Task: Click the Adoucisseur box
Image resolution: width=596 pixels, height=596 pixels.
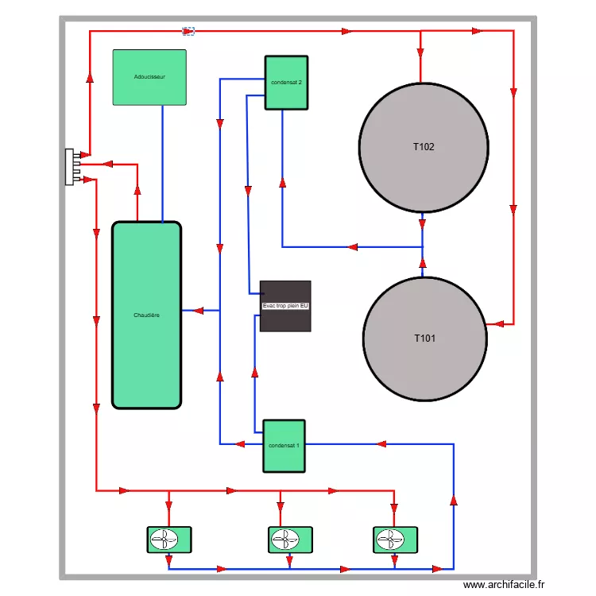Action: click(149, 78)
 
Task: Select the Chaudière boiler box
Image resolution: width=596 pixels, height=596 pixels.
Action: click(147, 315)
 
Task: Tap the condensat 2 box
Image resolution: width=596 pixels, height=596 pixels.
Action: click(286, 83)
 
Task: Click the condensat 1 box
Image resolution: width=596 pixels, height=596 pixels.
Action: click(284, 445)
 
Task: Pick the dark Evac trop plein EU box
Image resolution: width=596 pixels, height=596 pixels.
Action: click(285, 306)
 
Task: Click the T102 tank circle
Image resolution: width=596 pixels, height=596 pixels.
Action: click(424, 147)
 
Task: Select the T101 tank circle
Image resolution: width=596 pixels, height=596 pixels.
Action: click(425, 339)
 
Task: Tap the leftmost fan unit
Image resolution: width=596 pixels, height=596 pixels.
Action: click(168, 540)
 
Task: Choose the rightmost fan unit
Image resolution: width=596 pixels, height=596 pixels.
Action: click(395, 540)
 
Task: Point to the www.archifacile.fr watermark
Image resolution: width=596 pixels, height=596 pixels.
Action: click(505, 585)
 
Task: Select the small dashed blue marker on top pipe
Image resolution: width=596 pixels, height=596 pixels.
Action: click(188, 32)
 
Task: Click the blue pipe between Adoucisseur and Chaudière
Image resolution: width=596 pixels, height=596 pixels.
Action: click(163, 163)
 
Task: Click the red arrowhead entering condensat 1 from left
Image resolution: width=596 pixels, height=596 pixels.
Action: click(238, 443)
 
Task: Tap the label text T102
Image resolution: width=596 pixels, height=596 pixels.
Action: click(424, 147)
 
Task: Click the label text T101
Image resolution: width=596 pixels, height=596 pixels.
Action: click(425, 339)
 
